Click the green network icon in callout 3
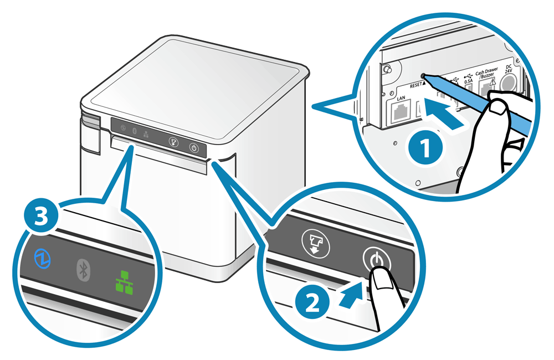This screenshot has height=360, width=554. coord(121,281)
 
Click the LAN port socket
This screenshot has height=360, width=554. coord(403,115)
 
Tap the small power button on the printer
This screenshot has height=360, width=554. coord(193,148)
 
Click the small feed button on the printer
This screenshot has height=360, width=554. coord(173,141)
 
